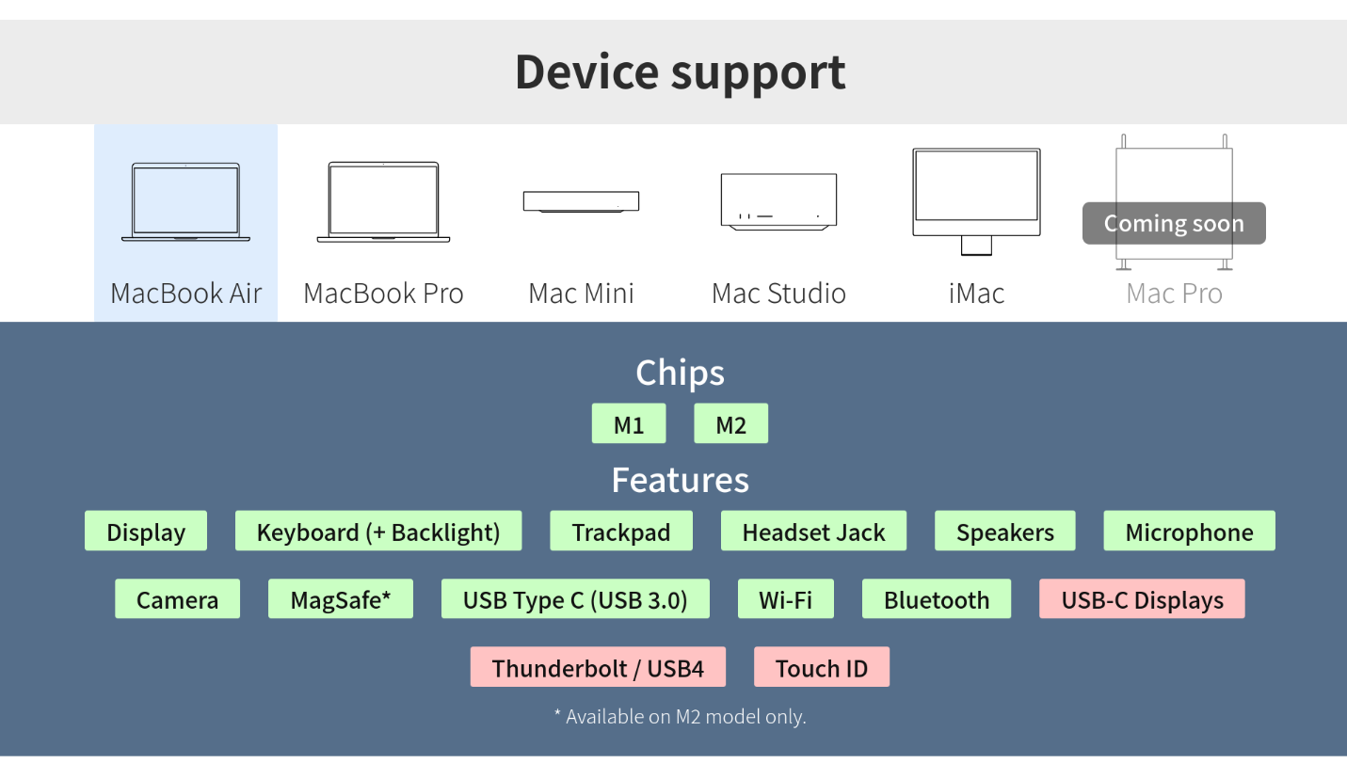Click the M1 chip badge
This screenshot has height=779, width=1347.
pos(629,424)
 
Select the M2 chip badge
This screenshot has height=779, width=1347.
pos(730,424)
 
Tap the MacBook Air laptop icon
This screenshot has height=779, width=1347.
pos(185,202)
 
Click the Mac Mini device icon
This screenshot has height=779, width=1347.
pos(581,201)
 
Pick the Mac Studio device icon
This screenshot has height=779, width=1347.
pos(778,200)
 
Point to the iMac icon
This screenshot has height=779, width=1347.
pos(976,200)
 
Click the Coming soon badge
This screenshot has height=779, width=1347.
pos(1174,224)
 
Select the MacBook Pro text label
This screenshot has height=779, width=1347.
pos(383,294)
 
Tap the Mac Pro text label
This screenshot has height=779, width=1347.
pos(1174,294)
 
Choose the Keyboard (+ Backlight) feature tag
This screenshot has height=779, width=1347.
pos(378,532)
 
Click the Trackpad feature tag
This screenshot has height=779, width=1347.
pos(621,532)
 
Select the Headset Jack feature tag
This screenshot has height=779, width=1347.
pos(813,532)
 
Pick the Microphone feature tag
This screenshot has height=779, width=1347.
pos(1189,532)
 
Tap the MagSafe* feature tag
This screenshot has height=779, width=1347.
pos(340,599)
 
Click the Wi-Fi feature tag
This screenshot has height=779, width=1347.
pos(785,599)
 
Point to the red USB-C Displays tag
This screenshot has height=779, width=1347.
pos(1142,599)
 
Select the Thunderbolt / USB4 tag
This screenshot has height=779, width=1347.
pos(598,668)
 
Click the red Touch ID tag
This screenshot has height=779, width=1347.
pos(821,668)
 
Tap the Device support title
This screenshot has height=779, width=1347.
pos(680,72)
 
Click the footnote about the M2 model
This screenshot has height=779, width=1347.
pos(680,717)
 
